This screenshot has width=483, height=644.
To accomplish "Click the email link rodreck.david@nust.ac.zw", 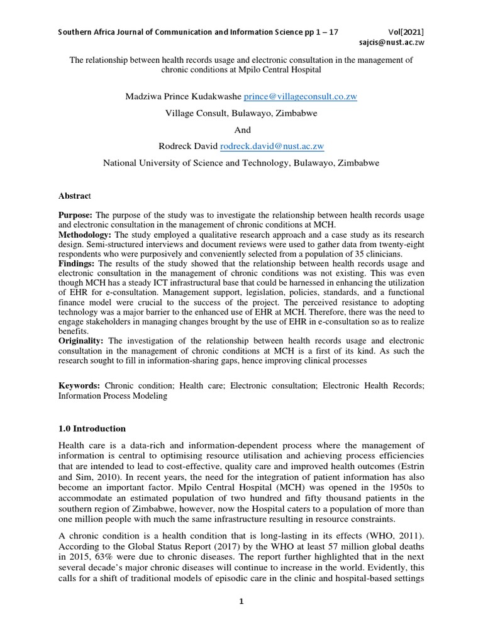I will pyautogui.click(x=272, y=146).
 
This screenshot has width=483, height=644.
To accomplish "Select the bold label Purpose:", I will pyautogui.click(x=75, y=214).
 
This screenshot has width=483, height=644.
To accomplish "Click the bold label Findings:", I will pyautogui.click(x=77, y=264).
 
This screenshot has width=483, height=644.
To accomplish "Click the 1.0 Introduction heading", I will pyautogui.click(x=92, y=428).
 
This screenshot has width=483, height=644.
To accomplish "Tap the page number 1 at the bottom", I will pyautogui.click(x=241, y=601).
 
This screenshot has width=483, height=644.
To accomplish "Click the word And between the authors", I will pyautogui.click(x=242, y=130).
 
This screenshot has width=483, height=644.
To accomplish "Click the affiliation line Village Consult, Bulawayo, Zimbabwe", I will pyautogui.click(x=241, y=113).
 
